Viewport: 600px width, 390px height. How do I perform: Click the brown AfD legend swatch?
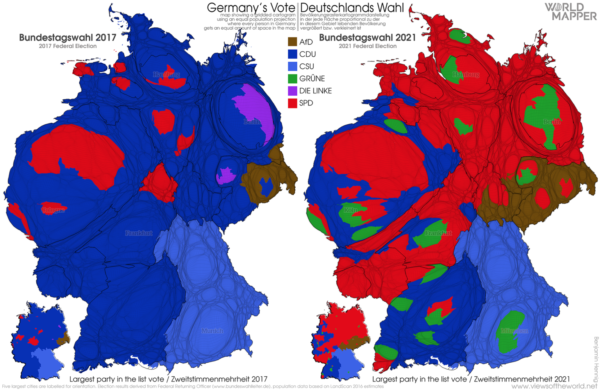point(292,42)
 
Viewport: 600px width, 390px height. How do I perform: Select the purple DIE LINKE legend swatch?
point(292,91)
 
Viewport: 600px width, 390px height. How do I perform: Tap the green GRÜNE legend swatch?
point(292,79)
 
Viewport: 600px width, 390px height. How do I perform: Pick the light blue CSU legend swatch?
point(292,66)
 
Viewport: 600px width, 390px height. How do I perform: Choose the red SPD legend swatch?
point(292,103)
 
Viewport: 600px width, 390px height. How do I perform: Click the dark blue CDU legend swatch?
point(292,54)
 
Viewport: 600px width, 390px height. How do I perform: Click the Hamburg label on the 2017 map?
point(166,74)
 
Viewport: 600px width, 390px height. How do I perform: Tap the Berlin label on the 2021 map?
point(552,122)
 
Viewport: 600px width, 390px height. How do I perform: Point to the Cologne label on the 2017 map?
point(53,210)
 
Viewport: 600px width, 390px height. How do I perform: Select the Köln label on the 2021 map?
point(350,210)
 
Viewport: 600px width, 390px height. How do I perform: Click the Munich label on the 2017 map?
point(212,331)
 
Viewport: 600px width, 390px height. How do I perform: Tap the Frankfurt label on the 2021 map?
point(438,233)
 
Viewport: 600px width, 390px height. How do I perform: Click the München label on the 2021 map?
point(514,331)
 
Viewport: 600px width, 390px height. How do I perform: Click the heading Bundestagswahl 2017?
point(68,38)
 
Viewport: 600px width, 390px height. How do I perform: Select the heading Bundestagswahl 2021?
point(367,38)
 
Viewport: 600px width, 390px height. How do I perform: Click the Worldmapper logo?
point(571,12)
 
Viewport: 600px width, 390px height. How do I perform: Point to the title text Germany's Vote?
point(251,7)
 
